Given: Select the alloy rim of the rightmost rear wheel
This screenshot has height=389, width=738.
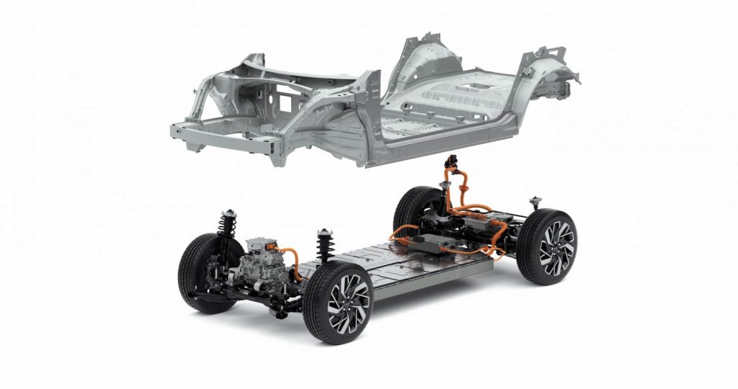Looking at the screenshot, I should [x=556, y=247].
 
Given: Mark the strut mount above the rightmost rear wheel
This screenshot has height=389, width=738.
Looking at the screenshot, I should [x=534, y=202].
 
